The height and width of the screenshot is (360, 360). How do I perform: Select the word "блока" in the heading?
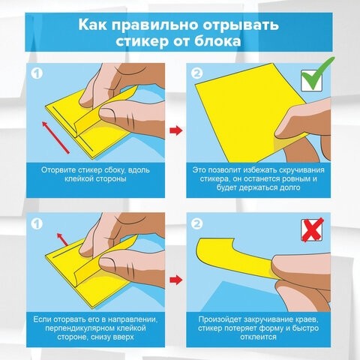(x=217, y=42)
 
